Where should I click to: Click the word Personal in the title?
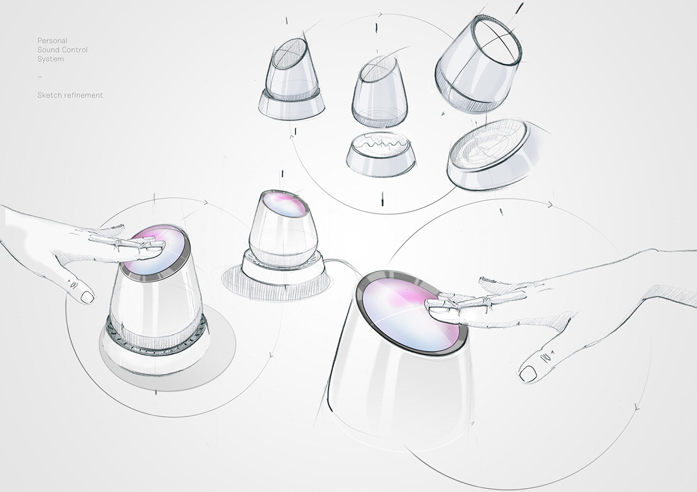point(52,41)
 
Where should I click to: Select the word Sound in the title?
point(49,50)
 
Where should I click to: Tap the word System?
point(51,59)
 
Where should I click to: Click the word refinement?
point(83,95)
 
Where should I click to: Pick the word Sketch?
point(49,95)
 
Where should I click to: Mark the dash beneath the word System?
point(39,77)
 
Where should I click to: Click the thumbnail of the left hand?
point(87,297)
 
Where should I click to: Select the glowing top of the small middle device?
point(283,204)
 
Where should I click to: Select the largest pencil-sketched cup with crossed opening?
point(479,64)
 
